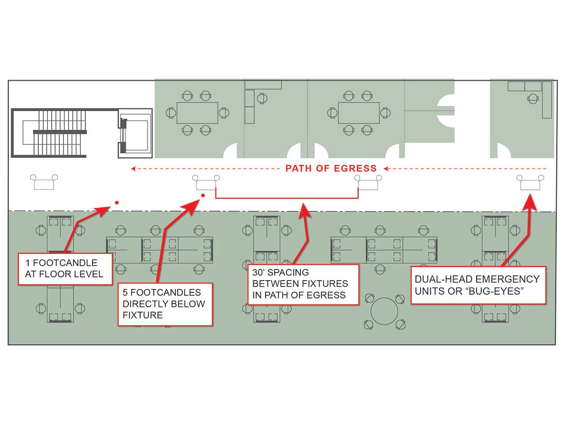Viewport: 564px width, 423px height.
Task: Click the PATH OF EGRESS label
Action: pyautogui.click(x=331, y=168)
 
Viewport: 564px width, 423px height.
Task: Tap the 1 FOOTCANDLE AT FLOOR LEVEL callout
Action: pyautogui.click(x=65, y=268)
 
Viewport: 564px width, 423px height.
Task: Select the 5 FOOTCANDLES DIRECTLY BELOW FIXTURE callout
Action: pyautogui.click(x=164, y=304)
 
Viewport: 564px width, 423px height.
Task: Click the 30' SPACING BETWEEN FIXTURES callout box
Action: pyautogui.click(x=304, y=284)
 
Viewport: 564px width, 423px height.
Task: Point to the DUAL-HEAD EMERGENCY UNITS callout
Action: pyautogui.click(x=478, y=285)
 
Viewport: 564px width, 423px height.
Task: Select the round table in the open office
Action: pyautogui.click(x=384, y=311)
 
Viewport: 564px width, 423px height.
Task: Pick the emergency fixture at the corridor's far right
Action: pyautogui.click(x=531, y=182)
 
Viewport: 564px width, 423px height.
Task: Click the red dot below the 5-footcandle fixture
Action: pyautogui.click(x=203, y=196)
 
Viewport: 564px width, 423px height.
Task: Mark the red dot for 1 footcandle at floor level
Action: pyautogui.click(x=117, y=203)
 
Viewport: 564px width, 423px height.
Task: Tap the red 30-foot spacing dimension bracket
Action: pyautogui.click(x=287, y=197)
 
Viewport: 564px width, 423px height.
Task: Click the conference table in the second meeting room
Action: pyautogui.click(x=359, y=113)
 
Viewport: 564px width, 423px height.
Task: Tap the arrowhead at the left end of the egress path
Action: pyautogui.click(x=133, y=168)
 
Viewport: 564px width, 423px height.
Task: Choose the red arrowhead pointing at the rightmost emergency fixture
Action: pyautogui.click(x=530, y=201)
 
